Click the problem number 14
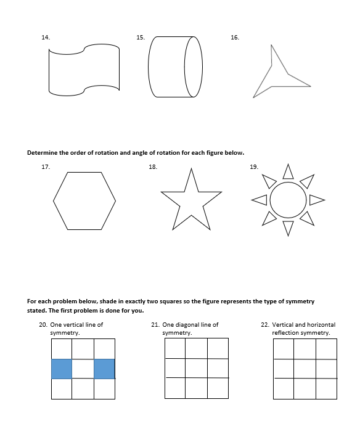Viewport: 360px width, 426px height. tap(45, 38)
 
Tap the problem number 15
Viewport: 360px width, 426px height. tap(141, 38)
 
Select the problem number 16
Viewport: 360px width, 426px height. tap(234, 38)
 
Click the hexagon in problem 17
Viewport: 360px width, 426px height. tap(84, 201)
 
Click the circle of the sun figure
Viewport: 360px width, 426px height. tap(288, 200)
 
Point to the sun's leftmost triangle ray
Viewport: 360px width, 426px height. tap(260, 200)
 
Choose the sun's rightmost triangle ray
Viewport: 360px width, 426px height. tap(316, 200)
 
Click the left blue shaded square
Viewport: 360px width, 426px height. tap(62, 369)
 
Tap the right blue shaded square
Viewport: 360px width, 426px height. tap(104, 369)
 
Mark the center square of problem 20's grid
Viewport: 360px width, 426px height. tap(83, 369)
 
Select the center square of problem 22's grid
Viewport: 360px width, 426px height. tap(305, 368)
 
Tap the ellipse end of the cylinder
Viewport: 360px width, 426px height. tap(193, 67)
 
